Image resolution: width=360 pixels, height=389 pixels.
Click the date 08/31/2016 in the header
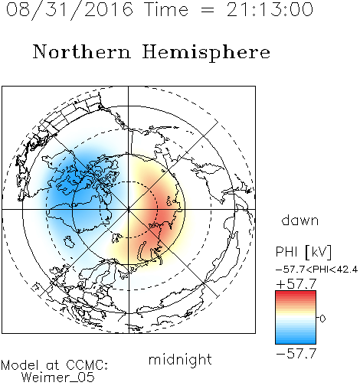(70, 9)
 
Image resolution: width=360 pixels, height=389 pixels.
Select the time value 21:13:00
(270, 9)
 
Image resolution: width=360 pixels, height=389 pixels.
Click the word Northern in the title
(82, 51)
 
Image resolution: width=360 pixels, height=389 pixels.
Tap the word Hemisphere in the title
(206, 52)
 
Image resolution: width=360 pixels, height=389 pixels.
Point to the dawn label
(300, 220)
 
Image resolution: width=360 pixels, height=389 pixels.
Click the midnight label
(180, 360)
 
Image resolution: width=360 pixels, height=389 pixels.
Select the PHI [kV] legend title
(303, 252)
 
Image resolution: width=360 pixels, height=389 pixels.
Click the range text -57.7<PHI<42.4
(316, 270)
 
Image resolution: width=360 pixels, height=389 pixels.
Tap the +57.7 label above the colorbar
(296, 284)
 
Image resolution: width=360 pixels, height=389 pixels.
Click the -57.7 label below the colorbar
(296, 354)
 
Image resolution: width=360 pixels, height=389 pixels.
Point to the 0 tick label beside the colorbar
(322, 319)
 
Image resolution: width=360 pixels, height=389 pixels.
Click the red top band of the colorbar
(296, 293)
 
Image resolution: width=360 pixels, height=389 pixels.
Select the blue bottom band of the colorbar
(296, 341)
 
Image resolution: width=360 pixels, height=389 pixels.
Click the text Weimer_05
(58, 378)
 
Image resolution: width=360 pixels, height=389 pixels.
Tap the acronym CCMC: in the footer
(87, 365)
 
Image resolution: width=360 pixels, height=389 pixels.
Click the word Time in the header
(166, 9)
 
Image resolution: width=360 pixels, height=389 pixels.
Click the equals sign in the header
(208, 11)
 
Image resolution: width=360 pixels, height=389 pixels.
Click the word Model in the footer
(20, 365)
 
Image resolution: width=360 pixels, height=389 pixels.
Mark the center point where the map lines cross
(128, 209)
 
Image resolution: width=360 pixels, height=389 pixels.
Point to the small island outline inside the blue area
(69, 242)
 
